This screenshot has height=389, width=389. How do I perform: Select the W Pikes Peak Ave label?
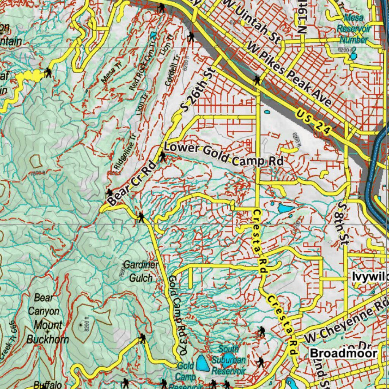tap(289, 74)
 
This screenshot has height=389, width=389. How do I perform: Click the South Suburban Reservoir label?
tap(229, 359)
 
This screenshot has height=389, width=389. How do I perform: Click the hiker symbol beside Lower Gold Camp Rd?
tap(163, 156)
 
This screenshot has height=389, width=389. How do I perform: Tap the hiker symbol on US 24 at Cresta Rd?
tap(258, 80)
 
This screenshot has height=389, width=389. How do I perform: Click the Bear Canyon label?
tap(44, 304)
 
